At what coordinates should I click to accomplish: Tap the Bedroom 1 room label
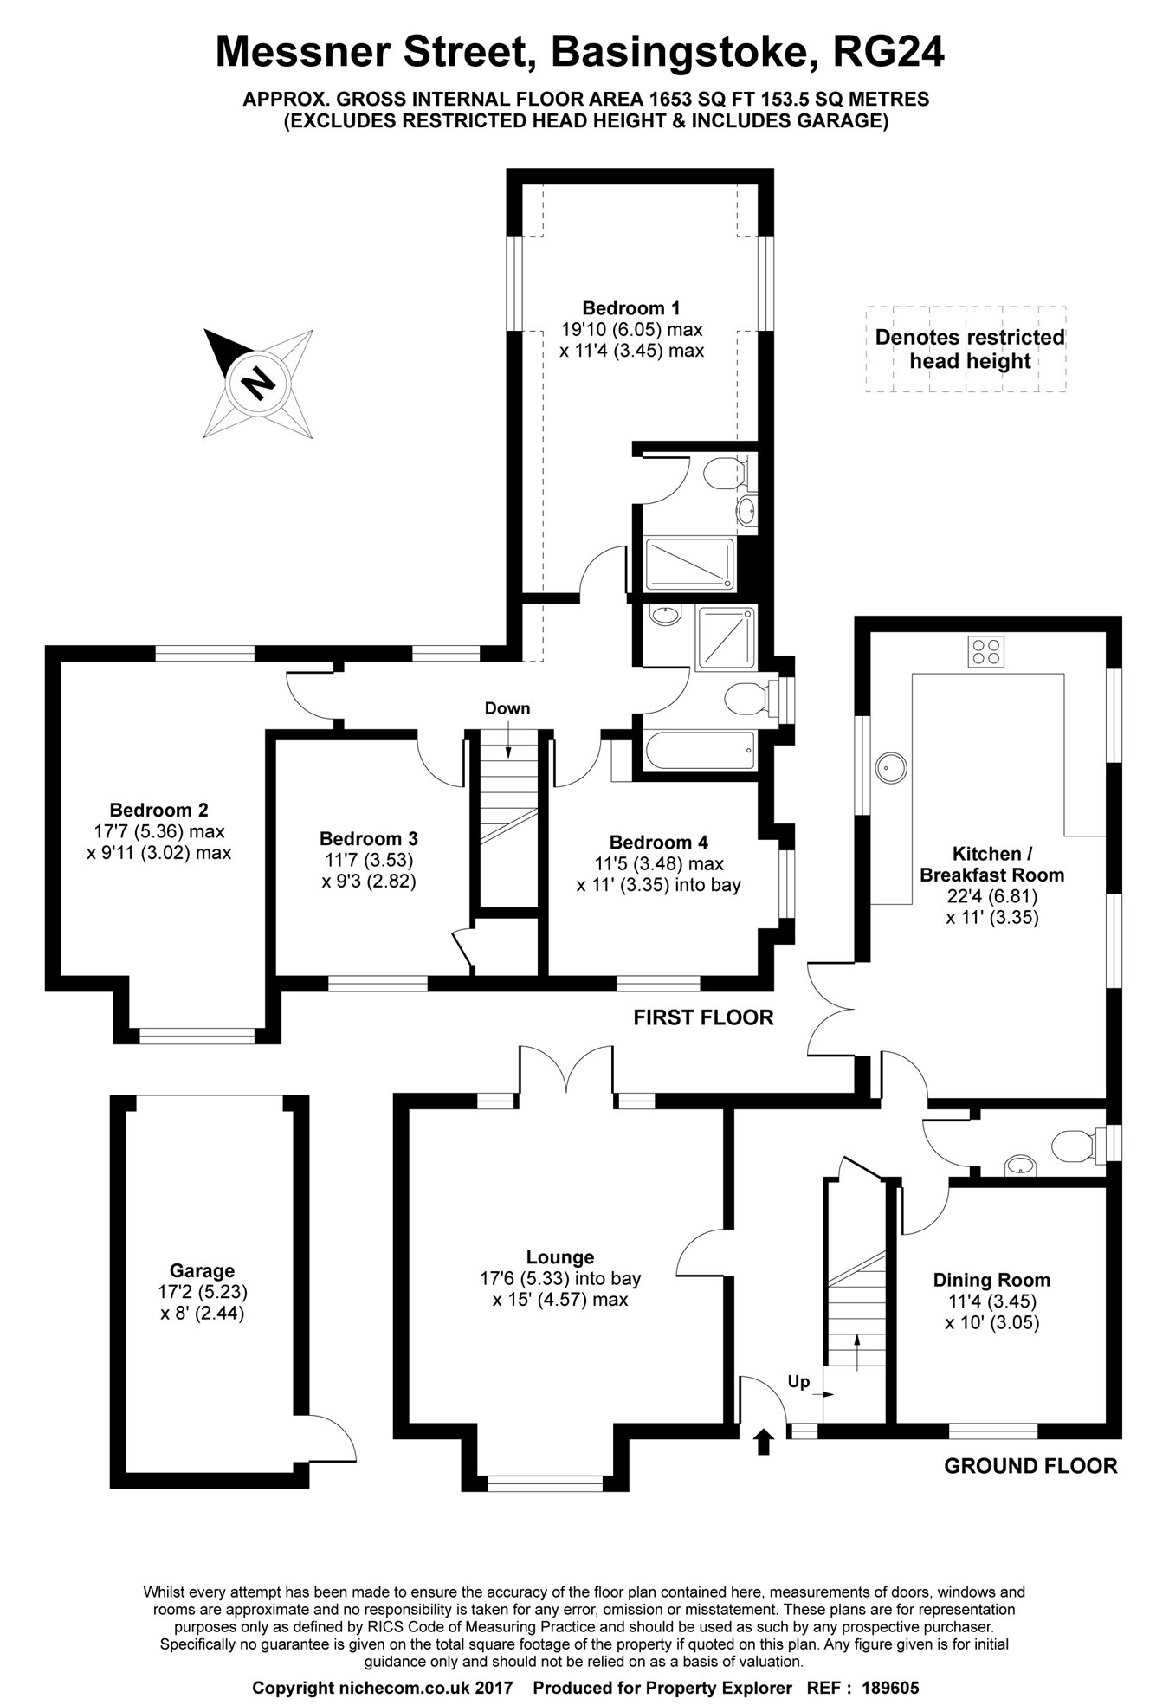point(630,308)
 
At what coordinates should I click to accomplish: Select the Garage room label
point(202,1270)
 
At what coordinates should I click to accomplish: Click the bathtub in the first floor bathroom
point(698,750)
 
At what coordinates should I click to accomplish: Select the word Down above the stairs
point(507,708)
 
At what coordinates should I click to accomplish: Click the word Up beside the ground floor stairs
point(798,1381)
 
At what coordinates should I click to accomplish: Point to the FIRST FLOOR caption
point(703,1017)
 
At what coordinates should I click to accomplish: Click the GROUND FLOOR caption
point(1030,1466)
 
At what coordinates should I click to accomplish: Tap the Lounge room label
point(560,1256)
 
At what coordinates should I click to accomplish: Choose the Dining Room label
point(991,1280)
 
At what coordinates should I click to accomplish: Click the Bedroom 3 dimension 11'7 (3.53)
point(369,860)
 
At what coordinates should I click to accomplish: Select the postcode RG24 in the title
point(888,52)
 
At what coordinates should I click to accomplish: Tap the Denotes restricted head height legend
point(969,349)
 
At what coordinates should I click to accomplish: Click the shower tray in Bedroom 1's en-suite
point(690,563)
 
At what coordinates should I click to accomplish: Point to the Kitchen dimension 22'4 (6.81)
point(992,896)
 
